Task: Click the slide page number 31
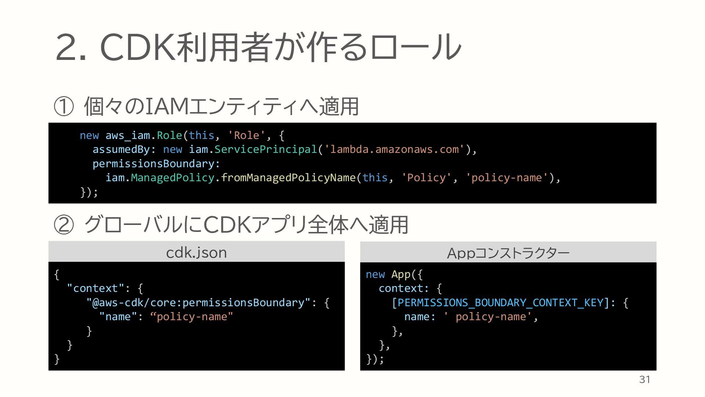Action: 644,380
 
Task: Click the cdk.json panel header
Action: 196,252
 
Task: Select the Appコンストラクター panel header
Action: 508,253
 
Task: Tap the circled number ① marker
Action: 64,107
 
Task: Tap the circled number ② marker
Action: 64,225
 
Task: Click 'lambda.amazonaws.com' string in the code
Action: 395,149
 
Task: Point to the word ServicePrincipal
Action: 265,149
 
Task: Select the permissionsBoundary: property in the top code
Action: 156,164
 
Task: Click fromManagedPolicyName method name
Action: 288,178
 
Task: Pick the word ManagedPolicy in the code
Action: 173,178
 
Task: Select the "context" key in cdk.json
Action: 95,288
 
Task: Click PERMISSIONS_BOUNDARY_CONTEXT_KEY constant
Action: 501,303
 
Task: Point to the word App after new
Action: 401,274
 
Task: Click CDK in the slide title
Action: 137,47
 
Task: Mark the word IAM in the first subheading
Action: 167,107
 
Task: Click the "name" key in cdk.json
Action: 118,316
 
